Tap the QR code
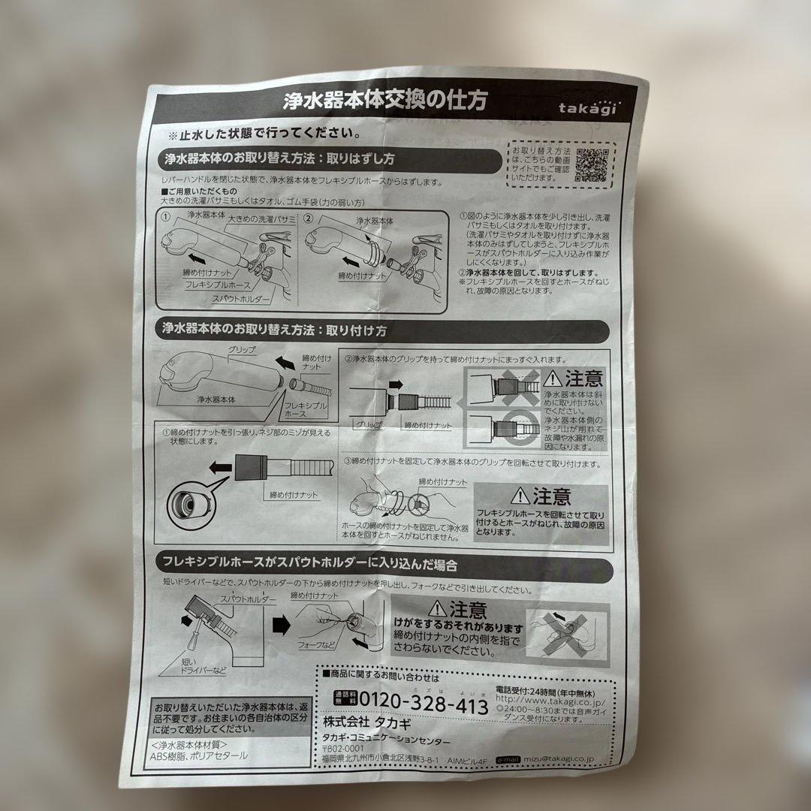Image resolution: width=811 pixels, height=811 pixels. pos(594,164)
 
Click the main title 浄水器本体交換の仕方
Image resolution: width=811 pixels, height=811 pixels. pos(384,100)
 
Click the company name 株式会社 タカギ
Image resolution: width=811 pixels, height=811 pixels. pos(356,722)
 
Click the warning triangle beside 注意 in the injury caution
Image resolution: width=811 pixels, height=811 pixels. pos(436,610)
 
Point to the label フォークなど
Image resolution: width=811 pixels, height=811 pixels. pos(316,644)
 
